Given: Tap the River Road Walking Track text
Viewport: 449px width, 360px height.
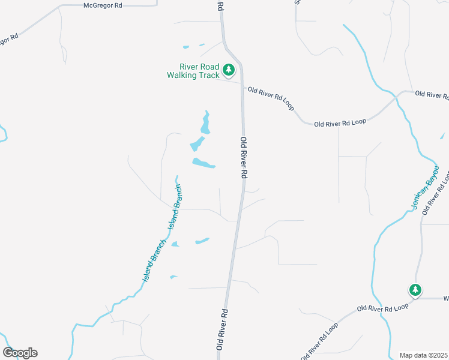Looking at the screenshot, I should pos(193,71).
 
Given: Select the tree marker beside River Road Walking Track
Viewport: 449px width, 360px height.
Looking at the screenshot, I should pos(229,70).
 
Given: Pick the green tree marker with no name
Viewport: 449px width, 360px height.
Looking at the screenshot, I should pos(415,290).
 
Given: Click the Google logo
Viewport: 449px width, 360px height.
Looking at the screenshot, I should pos(20,352).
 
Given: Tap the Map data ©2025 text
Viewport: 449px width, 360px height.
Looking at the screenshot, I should pos(423,355).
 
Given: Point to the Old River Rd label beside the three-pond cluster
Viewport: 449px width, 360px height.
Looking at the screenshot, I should pos(244,157).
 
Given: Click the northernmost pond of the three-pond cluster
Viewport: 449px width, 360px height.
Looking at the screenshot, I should pos(206,123).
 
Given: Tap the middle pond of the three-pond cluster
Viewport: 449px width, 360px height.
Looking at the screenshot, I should pos(197,144).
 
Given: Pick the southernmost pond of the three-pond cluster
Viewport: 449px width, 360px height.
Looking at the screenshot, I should pos(203,163).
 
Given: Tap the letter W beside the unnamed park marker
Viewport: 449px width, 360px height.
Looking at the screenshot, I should pos(446,298).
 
